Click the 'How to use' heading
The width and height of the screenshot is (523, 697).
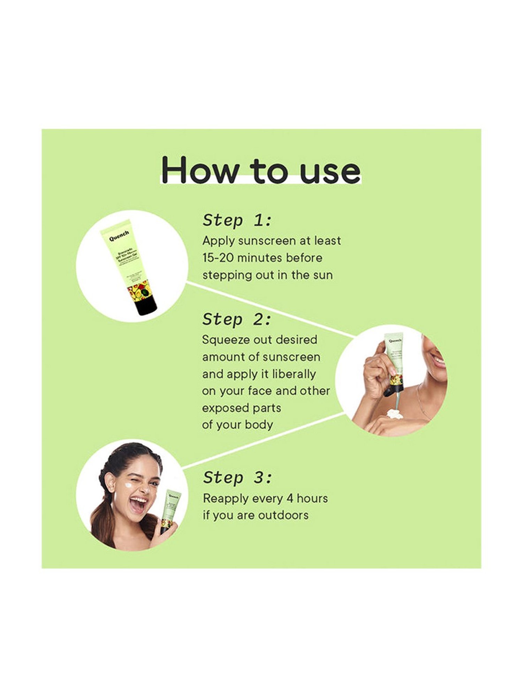tap(261, 170)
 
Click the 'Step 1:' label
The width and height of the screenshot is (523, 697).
tap(237, 220)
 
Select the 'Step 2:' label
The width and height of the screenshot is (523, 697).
tap(237, 319)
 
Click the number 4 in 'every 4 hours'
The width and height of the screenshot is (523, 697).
tap(289, 498)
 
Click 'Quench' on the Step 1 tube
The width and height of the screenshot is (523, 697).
tap(119, 236)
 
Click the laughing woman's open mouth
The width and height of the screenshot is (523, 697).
tap(138, 506)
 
